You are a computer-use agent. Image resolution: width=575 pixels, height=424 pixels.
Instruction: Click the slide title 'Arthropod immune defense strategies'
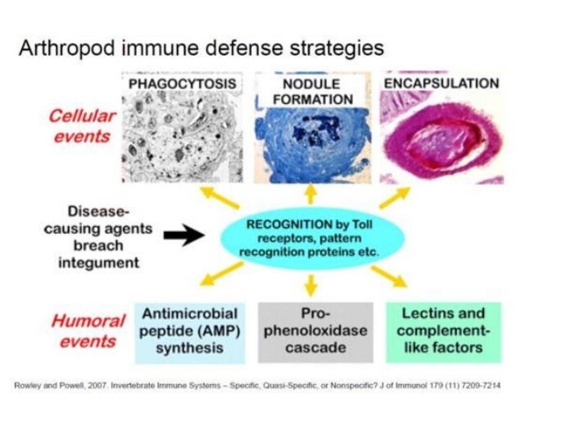(x=200, y=48)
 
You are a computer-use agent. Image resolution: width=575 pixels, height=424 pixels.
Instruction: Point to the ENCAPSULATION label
(x=441, y=83)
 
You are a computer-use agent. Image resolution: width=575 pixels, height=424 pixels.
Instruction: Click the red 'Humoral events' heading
(x=88, y=329)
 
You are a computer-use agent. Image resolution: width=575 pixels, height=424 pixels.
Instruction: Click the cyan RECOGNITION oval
(x=310, y=237)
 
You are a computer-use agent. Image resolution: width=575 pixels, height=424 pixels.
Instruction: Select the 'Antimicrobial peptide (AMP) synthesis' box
(x=190, y=331)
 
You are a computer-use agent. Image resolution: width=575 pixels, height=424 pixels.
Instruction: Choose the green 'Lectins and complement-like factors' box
(x=443, y=331)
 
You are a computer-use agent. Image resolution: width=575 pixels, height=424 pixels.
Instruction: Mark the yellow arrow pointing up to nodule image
(x=310, y=194)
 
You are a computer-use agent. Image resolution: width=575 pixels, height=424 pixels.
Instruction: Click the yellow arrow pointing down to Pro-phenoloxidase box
(x=310, y=284)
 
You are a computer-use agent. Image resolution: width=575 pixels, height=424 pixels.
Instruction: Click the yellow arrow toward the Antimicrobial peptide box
(x=225, y=277)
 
